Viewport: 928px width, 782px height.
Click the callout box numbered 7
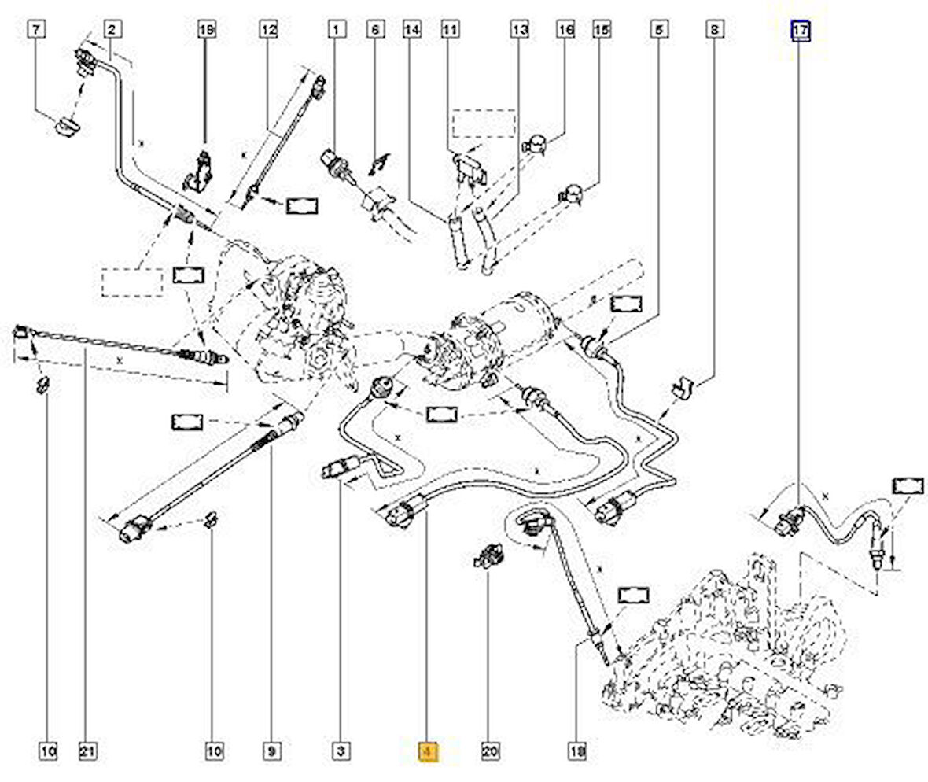37,31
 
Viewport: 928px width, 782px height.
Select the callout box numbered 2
112,31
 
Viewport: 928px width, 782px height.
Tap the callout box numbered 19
205,31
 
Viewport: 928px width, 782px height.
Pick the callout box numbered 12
269,31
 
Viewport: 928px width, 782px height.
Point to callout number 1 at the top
337,31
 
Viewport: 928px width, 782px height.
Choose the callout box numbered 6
374,31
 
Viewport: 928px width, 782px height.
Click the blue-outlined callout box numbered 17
801,31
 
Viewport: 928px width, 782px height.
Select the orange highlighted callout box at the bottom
429,752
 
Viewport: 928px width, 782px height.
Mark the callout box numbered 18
576,752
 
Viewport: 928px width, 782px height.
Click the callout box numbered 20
490,752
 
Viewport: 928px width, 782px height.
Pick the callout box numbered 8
714,31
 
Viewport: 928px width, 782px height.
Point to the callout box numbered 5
658,31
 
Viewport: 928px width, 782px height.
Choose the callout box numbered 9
271,752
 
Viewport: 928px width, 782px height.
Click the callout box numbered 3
341,752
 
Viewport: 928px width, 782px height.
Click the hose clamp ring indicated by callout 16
534,144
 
